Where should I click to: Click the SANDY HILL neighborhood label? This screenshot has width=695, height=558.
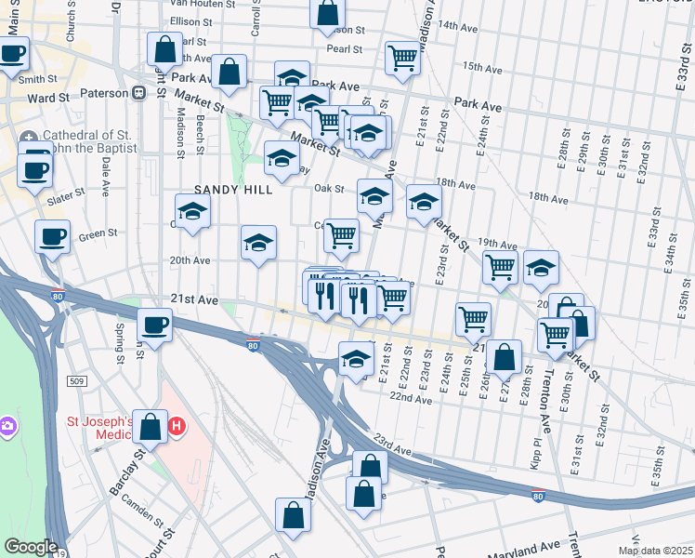233,189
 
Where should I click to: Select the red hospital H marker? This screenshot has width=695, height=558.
177,428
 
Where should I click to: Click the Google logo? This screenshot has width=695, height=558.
31,547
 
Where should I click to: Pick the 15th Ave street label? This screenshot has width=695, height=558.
482,67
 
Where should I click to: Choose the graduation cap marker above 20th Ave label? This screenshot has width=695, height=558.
258,243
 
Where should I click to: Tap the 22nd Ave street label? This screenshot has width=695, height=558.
411,398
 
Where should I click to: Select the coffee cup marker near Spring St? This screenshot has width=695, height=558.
154,325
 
